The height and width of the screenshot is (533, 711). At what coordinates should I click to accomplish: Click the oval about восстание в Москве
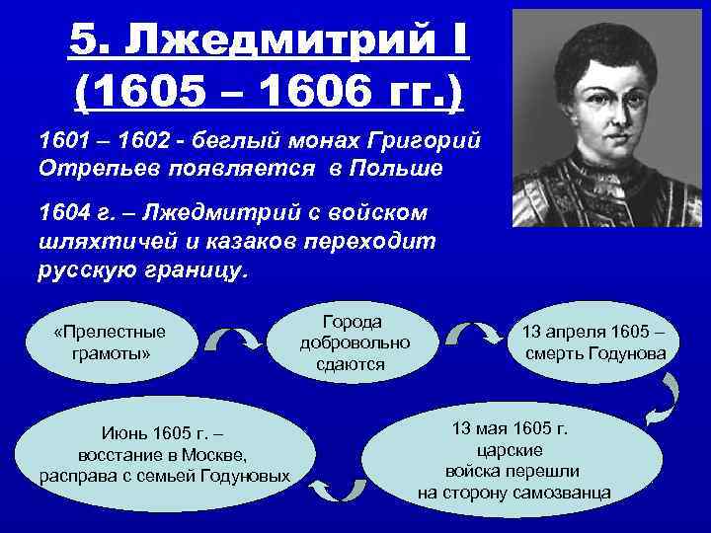(165, 455)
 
